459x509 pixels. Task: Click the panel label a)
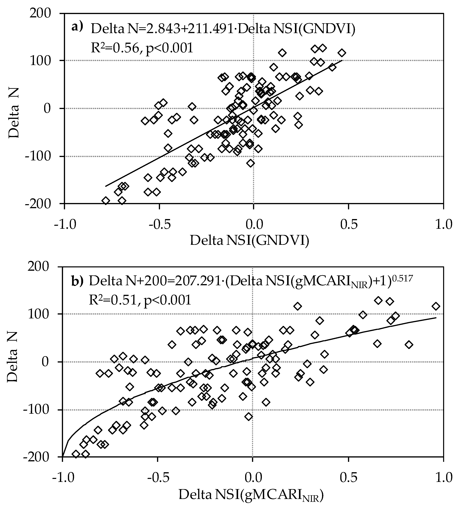pos(77,27)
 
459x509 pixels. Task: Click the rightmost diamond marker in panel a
pos(342,53)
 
